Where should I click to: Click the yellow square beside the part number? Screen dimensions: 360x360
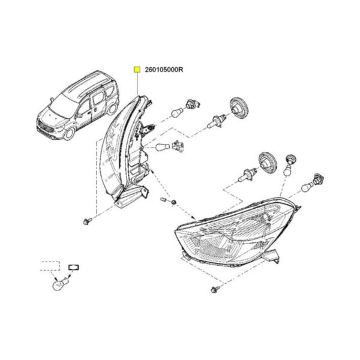tap(137, 70)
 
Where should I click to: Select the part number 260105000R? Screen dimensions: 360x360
tap(164, 70)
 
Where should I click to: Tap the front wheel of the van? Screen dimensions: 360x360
tap(70, 134)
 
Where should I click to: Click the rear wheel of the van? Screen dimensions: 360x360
tap(113, 109)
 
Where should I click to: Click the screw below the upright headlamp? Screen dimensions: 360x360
tap(88, 221)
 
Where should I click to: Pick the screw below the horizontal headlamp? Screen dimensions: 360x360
tap(215, 289)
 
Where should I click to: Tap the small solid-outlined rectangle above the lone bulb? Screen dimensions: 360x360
tap(74, 268)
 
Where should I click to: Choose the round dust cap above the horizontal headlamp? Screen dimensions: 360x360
tap(268, 163)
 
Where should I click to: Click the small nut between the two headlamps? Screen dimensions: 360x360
tap(174, 202)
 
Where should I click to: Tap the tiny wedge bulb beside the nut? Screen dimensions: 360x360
tap(164, 199)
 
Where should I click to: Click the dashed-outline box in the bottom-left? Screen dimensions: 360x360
tap(50, 266)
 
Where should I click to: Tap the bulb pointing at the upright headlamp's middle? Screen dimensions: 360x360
tap(163, 146)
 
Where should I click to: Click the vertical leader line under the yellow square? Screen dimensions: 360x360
tap(137, 83)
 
